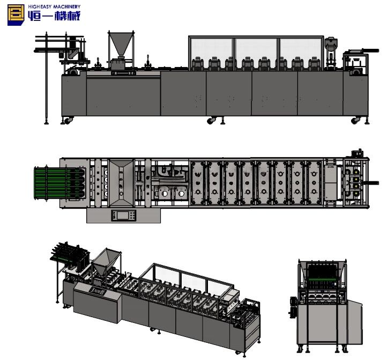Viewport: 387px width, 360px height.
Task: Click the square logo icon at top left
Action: coord(15,15)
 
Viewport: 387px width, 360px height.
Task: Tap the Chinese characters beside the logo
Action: coord(54,17)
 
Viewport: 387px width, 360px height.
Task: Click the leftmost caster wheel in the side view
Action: coord(66,121)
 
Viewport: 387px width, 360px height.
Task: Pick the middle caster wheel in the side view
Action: coord(212,121)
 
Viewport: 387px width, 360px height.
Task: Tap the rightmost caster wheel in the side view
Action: coord(355,121)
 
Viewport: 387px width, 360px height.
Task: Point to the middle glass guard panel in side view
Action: coord(256,48)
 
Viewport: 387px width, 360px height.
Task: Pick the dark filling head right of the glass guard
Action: coord(332,51)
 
